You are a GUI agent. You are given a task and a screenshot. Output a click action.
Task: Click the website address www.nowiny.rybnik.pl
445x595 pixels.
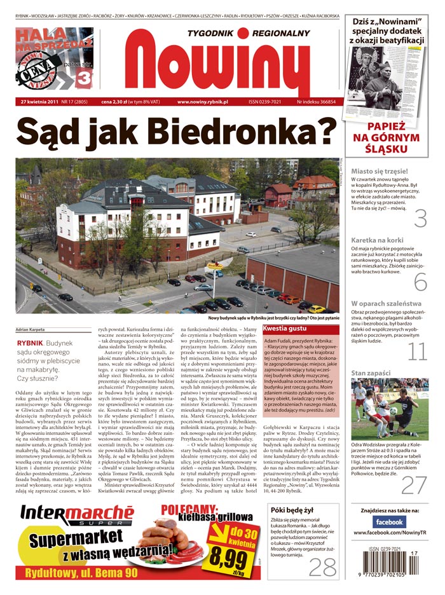tap(207, 101)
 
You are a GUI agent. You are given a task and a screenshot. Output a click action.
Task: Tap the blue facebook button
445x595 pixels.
tap(389, 521)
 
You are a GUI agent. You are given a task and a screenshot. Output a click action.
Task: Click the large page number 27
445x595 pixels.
tap(414, 485)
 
